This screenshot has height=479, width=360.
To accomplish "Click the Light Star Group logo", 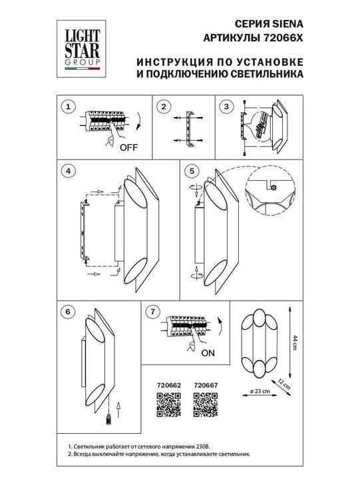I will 82,46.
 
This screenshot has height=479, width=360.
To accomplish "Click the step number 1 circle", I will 67,107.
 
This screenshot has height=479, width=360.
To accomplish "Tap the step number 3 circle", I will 227,107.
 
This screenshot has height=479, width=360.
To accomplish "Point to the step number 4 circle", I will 67,171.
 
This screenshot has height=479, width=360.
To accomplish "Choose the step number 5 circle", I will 193,171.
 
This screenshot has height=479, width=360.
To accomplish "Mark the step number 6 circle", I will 67,311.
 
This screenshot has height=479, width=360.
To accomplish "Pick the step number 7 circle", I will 152,311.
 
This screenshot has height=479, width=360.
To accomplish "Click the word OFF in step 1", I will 129,148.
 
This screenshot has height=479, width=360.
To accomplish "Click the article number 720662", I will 168,384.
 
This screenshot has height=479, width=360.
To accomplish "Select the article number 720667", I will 204,384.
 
